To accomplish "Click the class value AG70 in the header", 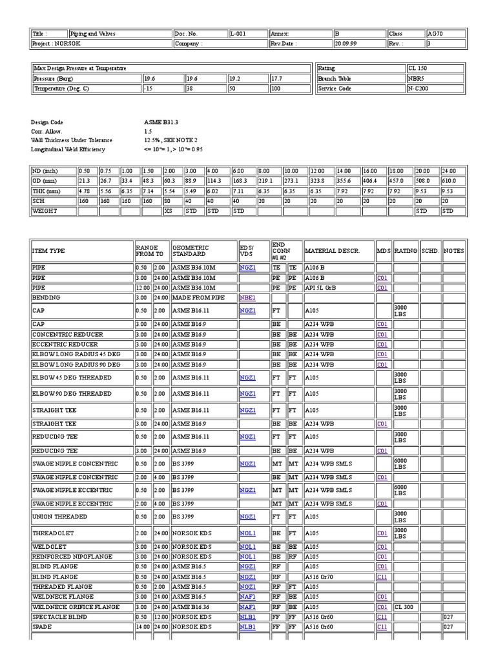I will [x=435, y=34].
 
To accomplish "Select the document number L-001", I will [x=238, y=34].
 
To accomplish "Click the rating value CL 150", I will [x=417, y=68].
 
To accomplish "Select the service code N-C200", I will [x=418, y=89].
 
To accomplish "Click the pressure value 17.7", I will [x=277, y=78].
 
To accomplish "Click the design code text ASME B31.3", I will [x=161, y=122].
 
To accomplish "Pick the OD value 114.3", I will [x=214, y=181].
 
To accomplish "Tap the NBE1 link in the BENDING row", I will [x=247, y=298].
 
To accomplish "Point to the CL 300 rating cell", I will [x=404, y=607].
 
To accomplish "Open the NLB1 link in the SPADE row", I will [x=247, y=627].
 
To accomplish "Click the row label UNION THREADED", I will [x=59, y=517].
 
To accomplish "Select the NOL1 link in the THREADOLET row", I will [x=247, y=533].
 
